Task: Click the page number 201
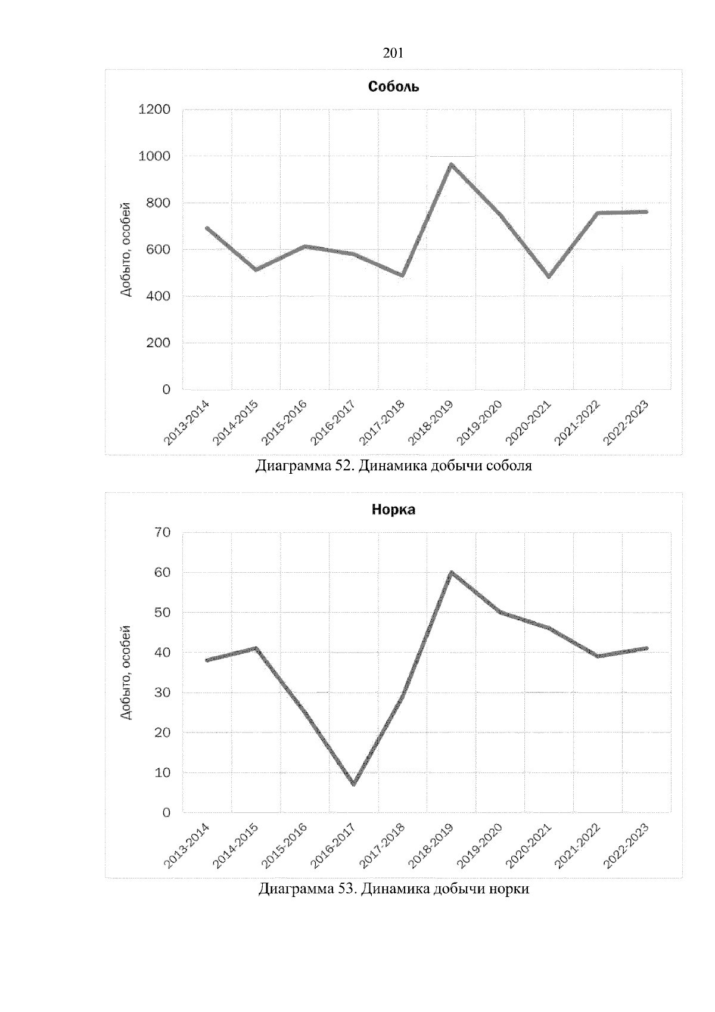tap(393, 54)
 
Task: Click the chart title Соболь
tap(393, 87)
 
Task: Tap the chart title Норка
tap(393, 510)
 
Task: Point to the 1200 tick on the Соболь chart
tap(154, 110)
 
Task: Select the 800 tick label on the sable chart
tap(158, 203)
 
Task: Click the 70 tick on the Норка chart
tap(163, 532)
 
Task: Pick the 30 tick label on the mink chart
tap(163, 693)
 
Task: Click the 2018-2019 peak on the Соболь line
tap(452, 164)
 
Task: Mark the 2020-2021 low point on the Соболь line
tap(549, 277)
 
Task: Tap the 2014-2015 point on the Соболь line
tap(256, 269)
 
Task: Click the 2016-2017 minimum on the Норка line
tap(354, 784)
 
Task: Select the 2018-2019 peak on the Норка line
tap(452, 573)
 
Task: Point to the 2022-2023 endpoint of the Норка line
tap(646, 648)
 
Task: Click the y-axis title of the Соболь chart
tap(126, 257)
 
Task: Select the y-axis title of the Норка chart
tap(126, 672)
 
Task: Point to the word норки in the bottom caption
tap(510, 889)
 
